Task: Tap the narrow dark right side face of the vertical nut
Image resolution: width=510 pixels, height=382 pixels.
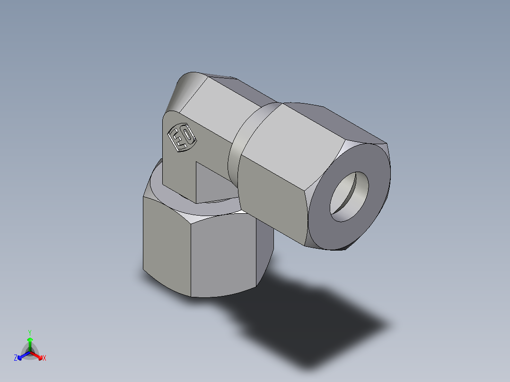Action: (x=265, y=246)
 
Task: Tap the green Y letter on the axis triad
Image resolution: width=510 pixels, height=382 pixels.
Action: (x=29, y=332)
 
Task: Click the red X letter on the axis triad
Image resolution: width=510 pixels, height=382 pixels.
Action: (x=44, y=358)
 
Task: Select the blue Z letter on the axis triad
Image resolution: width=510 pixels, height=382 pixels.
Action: (x=16, y=358)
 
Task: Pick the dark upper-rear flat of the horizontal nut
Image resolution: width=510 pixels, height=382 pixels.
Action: (x=341, y=118)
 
